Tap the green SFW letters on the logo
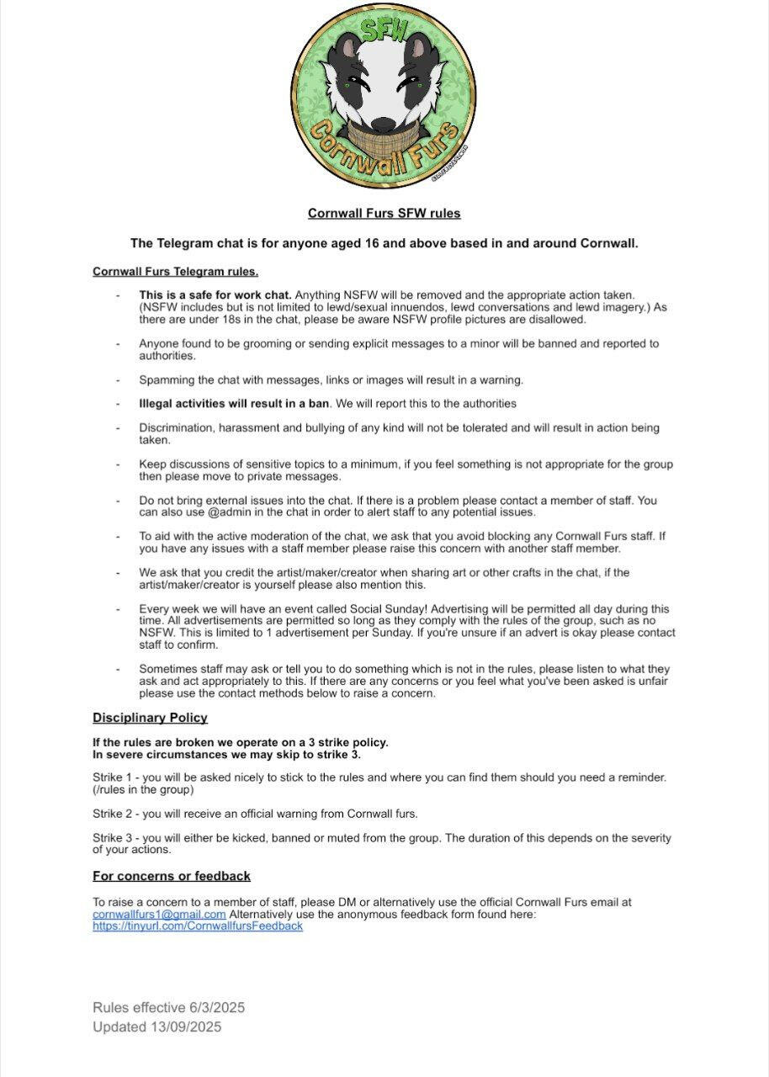coord(385,32)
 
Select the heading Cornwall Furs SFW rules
coord(384,214)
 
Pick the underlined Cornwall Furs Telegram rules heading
coord(175,272)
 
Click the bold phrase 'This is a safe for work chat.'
coord(215,295)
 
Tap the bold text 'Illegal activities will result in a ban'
coord(234,404)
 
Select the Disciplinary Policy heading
coord(150,718)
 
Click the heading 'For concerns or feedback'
coord(172,876)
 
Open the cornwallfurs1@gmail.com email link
coord(159,915)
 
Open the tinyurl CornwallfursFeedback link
coord(198,926)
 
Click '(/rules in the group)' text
coord(143,789)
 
